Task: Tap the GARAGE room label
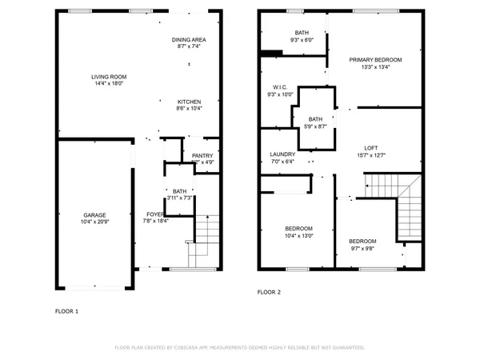[95, 214]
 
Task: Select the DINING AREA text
[189, 39]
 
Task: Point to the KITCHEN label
[189, 102]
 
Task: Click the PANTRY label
[202, 155]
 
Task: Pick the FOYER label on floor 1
[155, 214]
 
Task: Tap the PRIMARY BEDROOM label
[375, 60]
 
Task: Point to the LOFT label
[370, 148]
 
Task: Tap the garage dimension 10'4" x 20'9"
[95, 222]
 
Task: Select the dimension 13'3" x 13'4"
[375, 67]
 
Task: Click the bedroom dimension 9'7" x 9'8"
[362, 248]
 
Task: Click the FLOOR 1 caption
[66, 310]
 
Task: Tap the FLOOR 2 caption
[269, 293]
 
